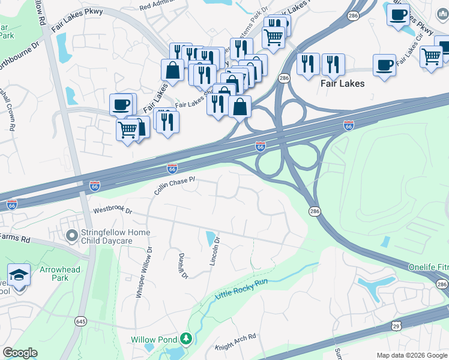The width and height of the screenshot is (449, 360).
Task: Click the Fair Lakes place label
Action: (343, 83)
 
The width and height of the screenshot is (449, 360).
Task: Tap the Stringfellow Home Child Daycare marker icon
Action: (72, 236)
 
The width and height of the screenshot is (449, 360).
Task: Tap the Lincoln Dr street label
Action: (215, 252)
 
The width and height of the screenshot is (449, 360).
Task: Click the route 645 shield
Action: (80, 322)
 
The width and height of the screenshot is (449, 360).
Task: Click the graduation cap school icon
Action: (19, 275)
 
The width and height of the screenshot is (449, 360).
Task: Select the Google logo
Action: (20, 353)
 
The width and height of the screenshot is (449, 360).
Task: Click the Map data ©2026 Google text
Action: (412, 355)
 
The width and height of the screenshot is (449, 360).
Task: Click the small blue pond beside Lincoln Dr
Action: (210, 238)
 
